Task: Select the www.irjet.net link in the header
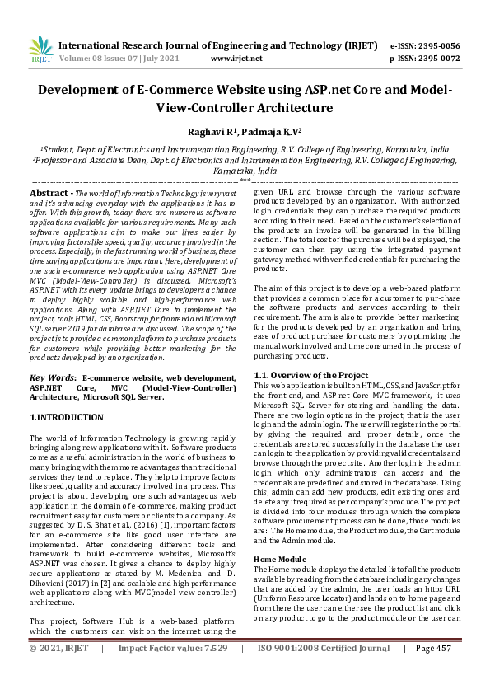[236, 59]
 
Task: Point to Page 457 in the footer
[433, 672]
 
